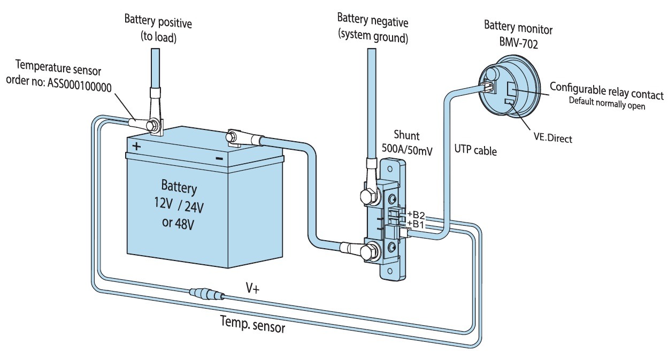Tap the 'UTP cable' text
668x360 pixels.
475,151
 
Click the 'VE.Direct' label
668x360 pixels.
553,139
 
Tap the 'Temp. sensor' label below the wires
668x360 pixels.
252,324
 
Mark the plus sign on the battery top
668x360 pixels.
137,147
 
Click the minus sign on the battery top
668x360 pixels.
219,158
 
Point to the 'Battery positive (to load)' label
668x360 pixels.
158,30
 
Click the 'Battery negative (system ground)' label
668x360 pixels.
372,30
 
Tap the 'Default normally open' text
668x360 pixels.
606,105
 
